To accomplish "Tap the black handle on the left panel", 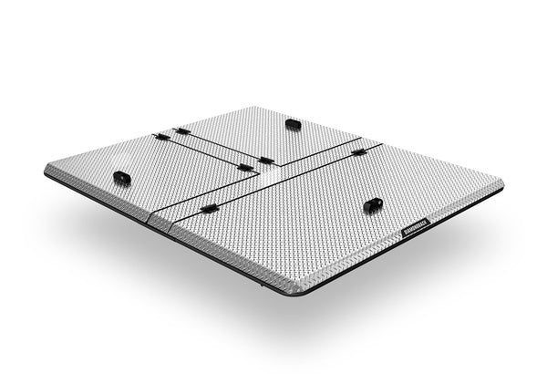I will (x=121, y=176).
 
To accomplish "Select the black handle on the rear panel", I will (x=293, y=122).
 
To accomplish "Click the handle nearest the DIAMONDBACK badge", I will (x=373, y=205).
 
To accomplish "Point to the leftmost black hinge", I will (x=161, y=137).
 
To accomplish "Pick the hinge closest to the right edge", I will (x=359, y=151).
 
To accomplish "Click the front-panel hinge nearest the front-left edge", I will (x=209, y=209).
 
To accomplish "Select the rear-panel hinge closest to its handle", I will (x=265, y=161).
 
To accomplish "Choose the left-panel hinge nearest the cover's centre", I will (x=244, y=168).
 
